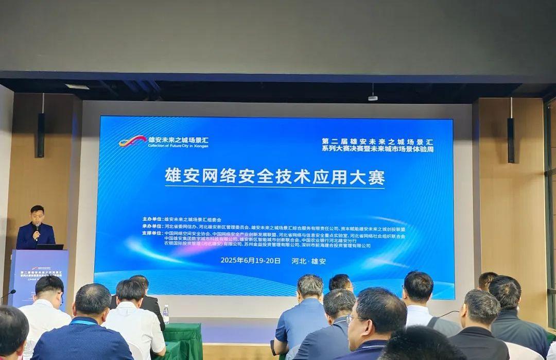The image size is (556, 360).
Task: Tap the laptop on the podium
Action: [x=50, y=247]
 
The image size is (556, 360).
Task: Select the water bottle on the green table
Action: [x=166, y=314]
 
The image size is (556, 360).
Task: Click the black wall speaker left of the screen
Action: [x=41, y=135]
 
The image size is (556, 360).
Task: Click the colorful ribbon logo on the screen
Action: [x=132, y=141]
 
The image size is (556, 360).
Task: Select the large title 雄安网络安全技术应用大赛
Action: [x=274, y=176]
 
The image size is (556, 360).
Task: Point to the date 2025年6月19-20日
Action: [x=251, y=261]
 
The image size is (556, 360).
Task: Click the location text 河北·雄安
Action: [x=310, y=261]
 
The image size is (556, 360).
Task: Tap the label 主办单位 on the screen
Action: [x=152, y=219]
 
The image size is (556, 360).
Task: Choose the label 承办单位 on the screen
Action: [x=152, y=227]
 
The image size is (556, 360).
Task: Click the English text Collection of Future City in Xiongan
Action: [x=178, y=146]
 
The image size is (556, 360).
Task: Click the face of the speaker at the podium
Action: [x=37, y=215]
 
